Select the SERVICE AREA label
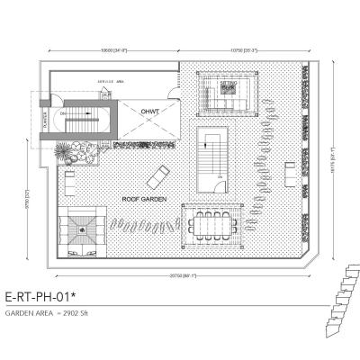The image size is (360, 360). tap(111, 85)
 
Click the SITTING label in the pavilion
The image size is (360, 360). tap(228, 82)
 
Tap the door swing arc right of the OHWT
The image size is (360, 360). tap(175, 98)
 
